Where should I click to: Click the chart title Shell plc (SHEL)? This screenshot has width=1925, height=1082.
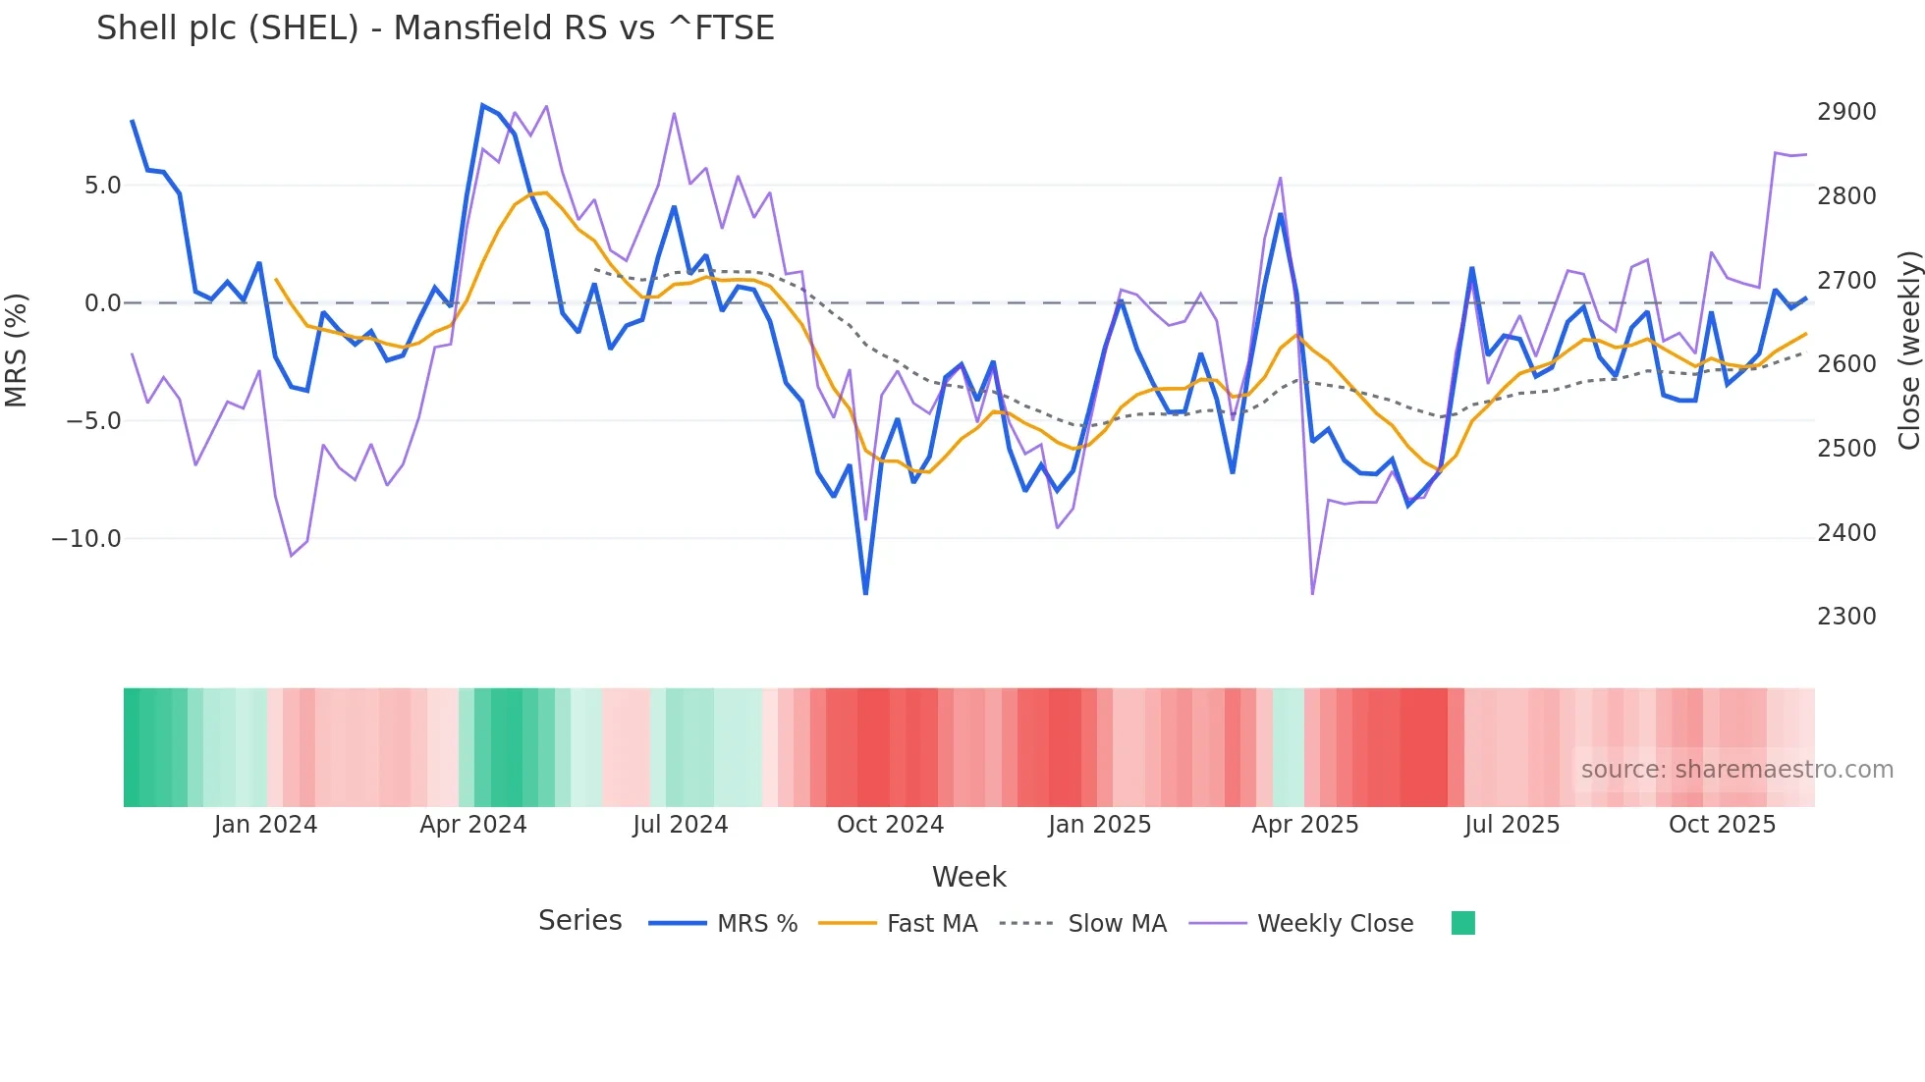click(435, 27)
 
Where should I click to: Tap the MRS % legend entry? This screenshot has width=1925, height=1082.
click(756, 924)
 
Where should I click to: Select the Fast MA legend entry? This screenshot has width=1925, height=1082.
click(931, 924)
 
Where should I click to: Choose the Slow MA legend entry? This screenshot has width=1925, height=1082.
click(1117, 924)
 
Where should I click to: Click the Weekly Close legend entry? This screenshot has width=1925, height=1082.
click(1335, 924)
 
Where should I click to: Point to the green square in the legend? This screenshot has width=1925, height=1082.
click(1462, 923)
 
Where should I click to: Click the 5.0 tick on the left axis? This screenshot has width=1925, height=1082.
click(102, 186)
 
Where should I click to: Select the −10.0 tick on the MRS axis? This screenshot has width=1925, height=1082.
click(86, 539)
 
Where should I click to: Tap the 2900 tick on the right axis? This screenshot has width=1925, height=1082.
click(1846, 112)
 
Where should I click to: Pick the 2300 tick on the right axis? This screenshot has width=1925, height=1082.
click(1846, 617)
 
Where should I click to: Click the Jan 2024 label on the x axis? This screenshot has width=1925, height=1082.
click(265, 825)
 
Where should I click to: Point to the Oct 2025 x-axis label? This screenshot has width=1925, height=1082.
click(1722, 825)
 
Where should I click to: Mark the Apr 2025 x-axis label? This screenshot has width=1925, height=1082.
click(1304, 825)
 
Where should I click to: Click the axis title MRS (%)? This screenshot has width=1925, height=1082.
click(17, 351)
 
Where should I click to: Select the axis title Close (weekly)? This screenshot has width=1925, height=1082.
click(1908, 351)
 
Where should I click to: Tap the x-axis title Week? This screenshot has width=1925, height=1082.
click(968, 877)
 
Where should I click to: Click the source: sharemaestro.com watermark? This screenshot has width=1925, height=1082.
click(1736, 770)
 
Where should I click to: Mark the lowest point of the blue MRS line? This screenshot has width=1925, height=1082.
click(865, 593)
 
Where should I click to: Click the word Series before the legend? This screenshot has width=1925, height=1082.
click(579, 921)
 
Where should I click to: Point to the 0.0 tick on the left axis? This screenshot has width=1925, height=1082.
click(102, 303)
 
